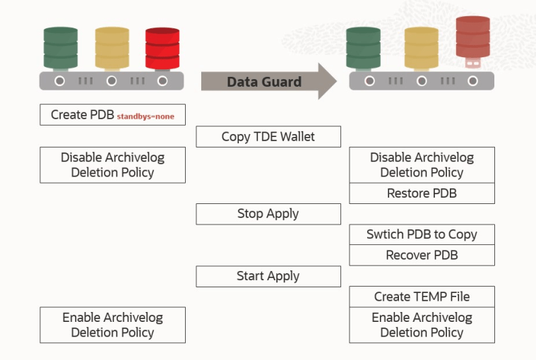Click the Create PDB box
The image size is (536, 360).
pos(112,114)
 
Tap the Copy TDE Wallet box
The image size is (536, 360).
pos(268,136)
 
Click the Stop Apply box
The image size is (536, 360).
pos(268,214)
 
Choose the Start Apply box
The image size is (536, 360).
pos(268,276)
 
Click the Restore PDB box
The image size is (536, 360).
pos(422,193)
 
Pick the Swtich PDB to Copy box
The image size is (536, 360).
pos(422,234)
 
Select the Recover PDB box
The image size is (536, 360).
pos(422,255)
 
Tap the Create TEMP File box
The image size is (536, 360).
pos(422,296)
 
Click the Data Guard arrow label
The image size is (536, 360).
pos(263,82)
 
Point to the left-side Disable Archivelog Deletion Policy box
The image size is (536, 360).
pos(112,165)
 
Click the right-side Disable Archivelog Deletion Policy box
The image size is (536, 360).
pos(422,165)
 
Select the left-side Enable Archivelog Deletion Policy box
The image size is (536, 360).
pos(112,325)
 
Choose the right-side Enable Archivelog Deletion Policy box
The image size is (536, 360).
pos(422,325)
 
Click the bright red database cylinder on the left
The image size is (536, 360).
pos(162,47)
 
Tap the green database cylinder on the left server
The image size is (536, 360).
pos(60,47)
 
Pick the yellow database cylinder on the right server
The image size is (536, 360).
pos(422,47)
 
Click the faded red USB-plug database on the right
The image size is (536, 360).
pos(472,39)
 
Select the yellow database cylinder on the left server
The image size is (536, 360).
pos(112,47)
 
